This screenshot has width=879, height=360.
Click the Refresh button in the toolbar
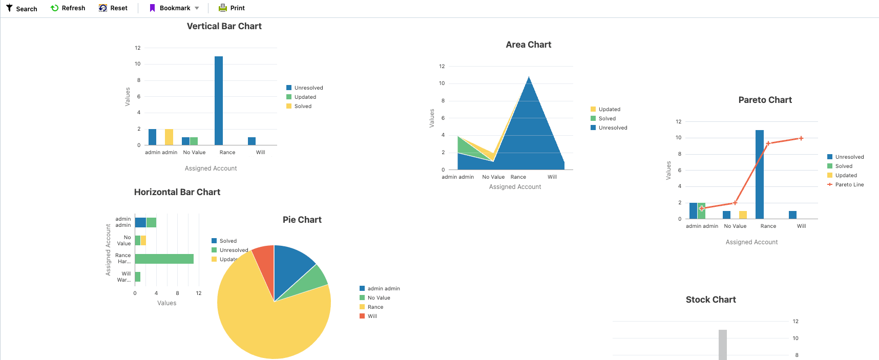coord(68,8)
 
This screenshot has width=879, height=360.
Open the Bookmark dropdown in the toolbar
coord(197,8)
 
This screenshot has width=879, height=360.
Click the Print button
coord(232,8)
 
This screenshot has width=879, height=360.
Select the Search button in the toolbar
coord(22,9)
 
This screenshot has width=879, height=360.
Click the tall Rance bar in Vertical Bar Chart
coord(219,100)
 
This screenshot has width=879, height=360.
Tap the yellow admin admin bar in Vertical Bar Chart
coord(169,137)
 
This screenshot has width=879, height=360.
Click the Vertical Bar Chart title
coord(224,26)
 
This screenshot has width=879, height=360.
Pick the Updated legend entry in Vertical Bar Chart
coord(305,97)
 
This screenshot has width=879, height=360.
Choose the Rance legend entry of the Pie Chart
coord(375,307)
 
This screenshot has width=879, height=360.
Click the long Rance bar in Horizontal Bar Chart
coord(164,259)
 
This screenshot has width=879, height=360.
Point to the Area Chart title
coord(528,45)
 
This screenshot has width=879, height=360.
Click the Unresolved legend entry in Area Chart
coord(613,128)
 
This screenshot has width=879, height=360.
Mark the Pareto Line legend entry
coord(849,185)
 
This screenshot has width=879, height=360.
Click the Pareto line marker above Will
coord(801,138)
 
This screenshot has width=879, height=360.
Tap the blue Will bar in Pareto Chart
coord(792,215)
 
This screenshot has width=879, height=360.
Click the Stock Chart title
coord(710,300)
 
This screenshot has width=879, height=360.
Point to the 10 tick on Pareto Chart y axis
coord(678,138)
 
